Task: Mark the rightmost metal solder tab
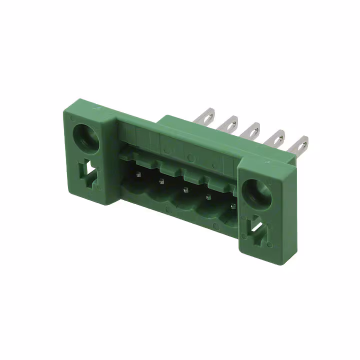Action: (301, 144)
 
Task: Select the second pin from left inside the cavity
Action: (161, 181)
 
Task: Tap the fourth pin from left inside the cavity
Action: (208, 198)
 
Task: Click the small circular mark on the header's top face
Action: (190, 158)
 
